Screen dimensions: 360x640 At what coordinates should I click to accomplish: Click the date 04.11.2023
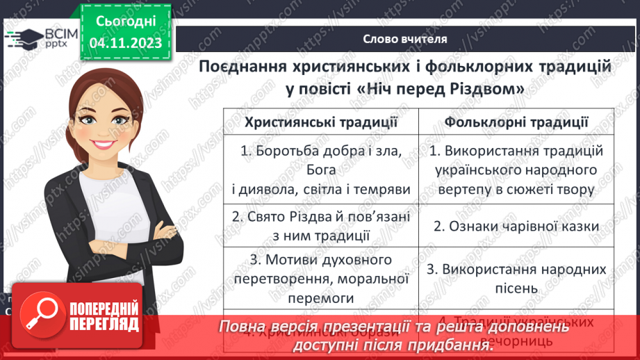click(126, 43)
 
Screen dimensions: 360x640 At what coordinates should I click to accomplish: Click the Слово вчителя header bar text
click(405, 39)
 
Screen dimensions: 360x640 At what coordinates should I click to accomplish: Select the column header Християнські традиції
click(321, 122)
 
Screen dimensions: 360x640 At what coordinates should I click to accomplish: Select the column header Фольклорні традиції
click(516, 122)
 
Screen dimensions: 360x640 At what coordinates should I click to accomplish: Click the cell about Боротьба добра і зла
click(321, 170)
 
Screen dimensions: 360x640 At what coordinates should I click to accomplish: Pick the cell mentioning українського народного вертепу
click(516, 170)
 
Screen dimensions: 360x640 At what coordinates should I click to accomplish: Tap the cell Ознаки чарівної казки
click(516, 225)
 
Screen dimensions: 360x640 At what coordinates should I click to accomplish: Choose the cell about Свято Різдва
click(321, 225)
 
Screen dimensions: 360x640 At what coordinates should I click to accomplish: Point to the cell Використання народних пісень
click(516, 278)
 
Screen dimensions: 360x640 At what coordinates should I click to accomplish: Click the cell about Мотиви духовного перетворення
click(321, 278)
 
